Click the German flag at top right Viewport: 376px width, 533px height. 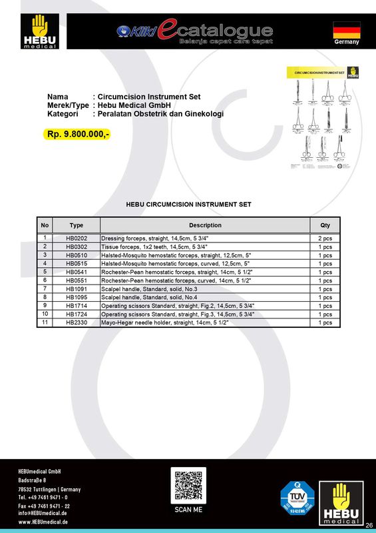(346, 29)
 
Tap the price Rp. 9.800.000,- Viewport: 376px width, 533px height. (79, 135)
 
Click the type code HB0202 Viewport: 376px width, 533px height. (77, 238)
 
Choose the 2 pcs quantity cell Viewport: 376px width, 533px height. (325, 238)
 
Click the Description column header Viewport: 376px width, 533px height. (205, 225)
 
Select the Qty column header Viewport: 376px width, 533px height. (325, 225)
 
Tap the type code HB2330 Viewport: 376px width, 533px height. (77, 322)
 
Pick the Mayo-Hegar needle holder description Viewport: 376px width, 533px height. (165, 322)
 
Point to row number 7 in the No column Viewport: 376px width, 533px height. (45, 288)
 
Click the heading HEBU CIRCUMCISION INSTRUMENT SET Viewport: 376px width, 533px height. (188, 205)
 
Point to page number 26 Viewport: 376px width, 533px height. (369, 525)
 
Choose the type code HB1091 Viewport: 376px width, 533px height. (77, 289)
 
